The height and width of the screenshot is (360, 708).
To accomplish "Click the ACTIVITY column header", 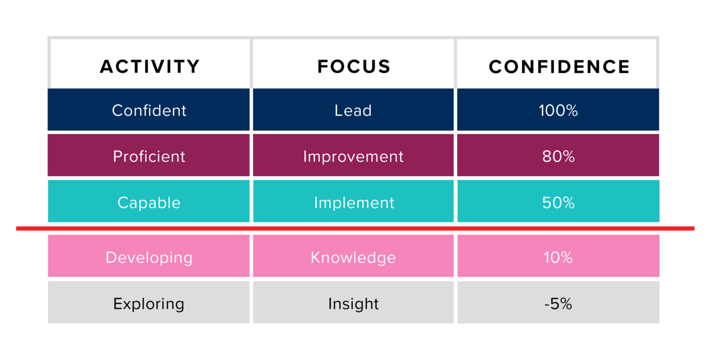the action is tap(150, 66).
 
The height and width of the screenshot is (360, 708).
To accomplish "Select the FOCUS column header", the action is tap(354, 66).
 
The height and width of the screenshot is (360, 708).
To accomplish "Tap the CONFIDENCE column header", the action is tap(559, 66).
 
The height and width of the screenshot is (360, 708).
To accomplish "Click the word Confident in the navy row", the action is tap(149, 110).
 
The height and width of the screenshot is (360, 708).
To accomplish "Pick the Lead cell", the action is tap(353, 110).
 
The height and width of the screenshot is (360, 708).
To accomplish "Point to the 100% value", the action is tap(558, 110).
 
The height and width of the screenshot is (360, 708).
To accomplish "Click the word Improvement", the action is tap(353, 156).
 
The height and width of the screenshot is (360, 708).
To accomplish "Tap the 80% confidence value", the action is tap(558, 156).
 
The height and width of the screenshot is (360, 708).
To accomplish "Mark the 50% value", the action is tap(558, 202).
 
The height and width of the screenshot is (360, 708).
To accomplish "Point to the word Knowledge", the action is tap(353, 257).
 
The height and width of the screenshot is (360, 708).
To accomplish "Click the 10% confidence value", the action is tap(558, 257).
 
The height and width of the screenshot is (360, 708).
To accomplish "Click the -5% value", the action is tap(558, 304).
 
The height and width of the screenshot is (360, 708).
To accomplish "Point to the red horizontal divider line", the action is tap(355, 228).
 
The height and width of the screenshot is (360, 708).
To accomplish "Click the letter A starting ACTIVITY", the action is tap(107, 66).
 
